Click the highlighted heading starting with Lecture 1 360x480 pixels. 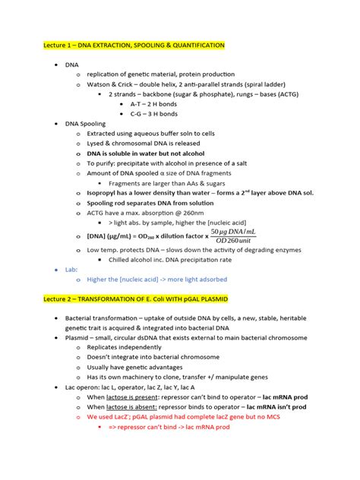(134, 46)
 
